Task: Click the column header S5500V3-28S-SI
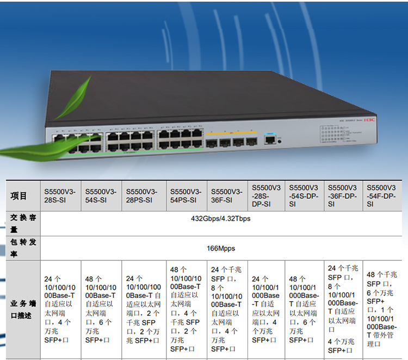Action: tap(60, 196)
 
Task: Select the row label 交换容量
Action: tap(23, 223)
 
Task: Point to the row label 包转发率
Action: tap(23, 247)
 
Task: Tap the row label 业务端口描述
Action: tap(23, 309)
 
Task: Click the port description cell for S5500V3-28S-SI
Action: tap(60, 309)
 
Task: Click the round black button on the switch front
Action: tap(280, 141)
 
